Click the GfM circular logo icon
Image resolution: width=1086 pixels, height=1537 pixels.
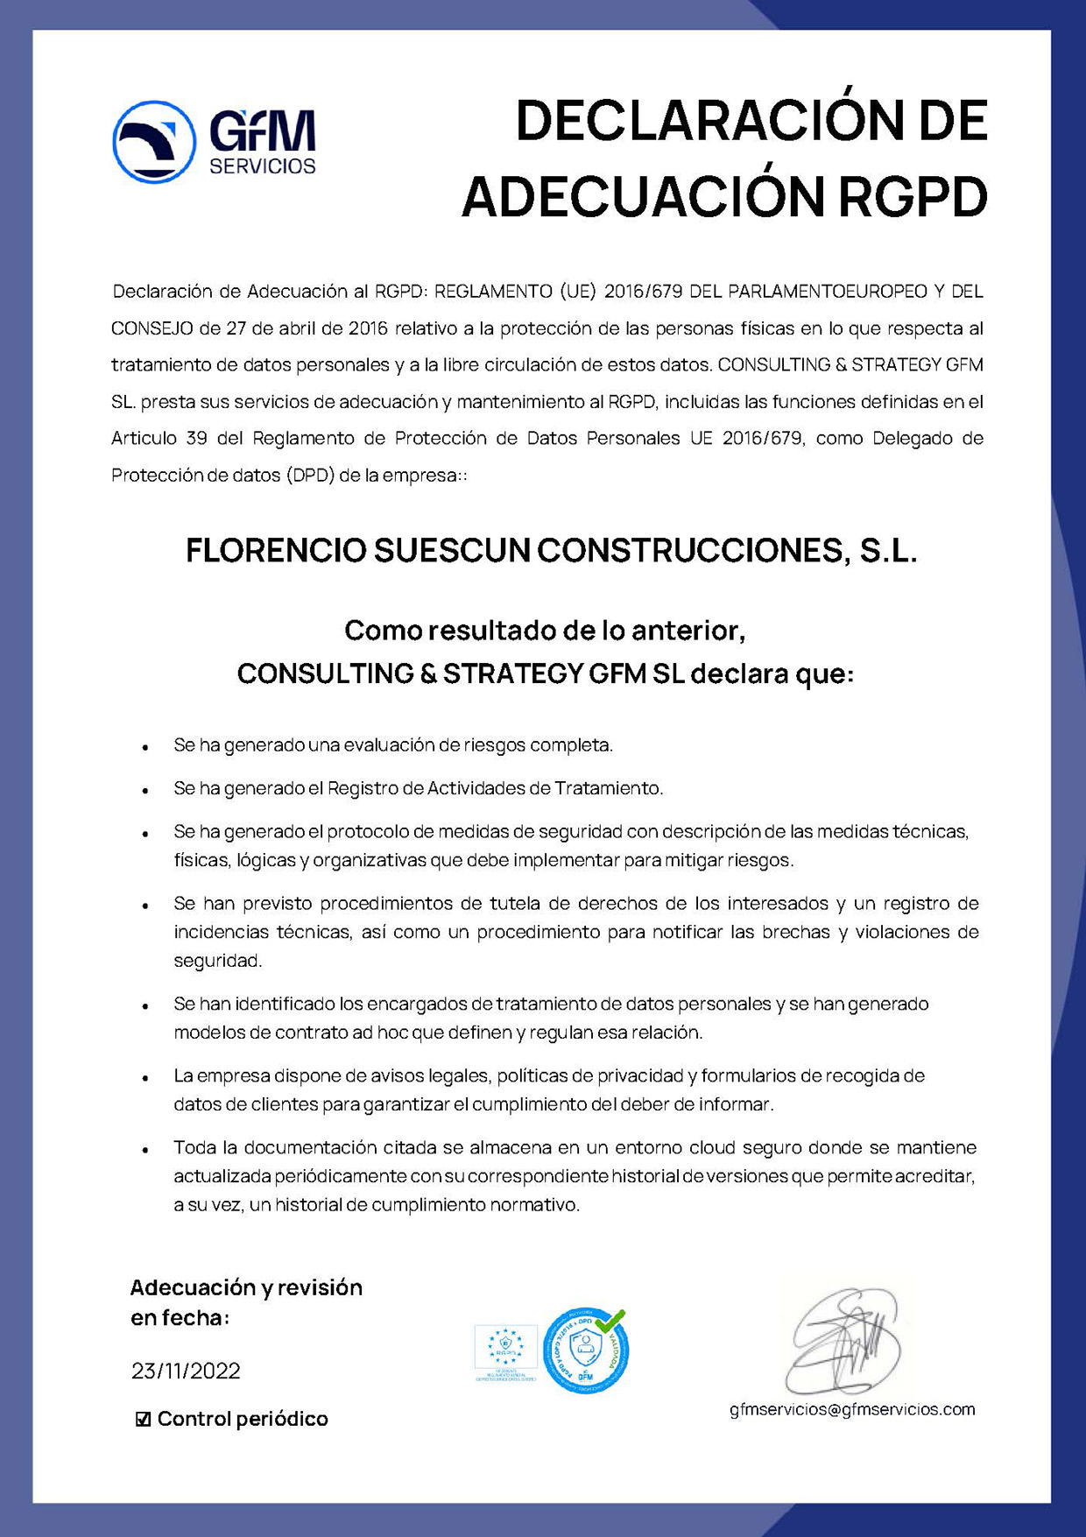coord(154,142)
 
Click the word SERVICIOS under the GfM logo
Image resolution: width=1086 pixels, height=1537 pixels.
coord(262,166)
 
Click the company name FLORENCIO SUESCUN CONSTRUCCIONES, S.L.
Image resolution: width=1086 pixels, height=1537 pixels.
coord(551,551)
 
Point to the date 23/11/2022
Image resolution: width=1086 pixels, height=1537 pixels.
coord(186,1371)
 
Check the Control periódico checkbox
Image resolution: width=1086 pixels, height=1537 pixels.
coord(144,1419)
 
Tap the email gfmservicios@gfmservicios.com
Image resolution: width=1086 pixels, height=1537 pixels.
coord(851,1409)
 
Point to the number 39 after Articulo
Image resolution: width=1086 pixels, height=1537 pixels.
coord(196,438)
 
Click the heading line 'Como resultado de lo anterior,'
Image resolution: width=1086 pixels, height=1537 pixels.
coord(544,630)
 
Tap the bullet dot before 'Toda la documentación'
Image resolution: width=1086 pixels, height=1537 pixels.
coord(145,1149)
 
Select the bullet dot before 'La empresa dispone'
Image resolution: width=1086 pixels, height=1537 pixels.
coord(145,1077)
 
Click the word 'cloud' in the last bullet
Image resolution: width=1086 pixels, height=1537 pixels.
coord(712,1147)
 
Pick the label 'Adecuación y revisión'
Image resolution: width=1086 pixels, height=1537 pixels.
coord(246,1287)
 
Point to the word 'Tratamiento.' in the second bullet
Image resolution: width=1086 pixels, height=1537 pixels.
coord(609,788)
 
